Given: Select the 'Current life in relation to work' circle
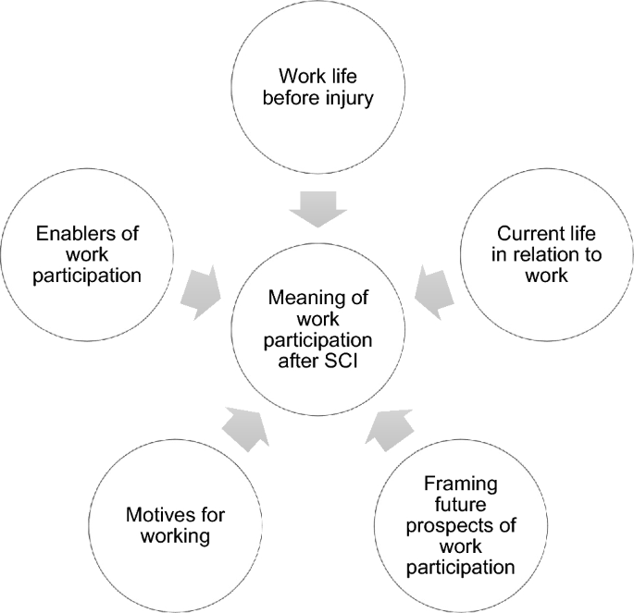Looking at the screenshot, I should point(543,253).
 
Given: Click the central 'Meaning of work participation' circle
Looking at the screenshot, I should point(317,328).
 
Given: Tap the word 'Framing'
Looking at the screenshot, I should point(460,484).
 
